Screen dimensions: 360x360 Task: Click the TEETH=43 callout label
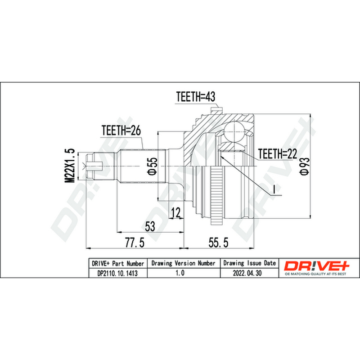tap(195, 97)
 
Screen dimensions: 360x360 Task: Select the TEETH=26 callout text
tap(121, 130)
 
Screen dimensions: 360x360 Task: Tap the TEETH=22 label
tap(277, 153)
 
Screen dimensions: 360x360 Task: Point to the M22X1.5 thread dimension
tap(69, 165)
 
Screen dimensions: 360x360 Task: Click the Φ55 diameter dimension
tap(153, 166)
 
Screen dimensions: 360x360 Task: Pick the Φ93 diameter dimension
tap(306, 166)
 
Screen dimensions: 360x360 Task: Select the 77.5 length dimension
tap(135, 243)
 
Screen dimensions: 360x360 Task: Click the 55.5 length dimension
tap(218, 243)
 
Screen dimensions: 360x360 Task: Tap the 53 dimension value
tap(150, 226)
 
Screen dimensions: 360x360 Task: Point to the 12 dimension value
tap(176, 212)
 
